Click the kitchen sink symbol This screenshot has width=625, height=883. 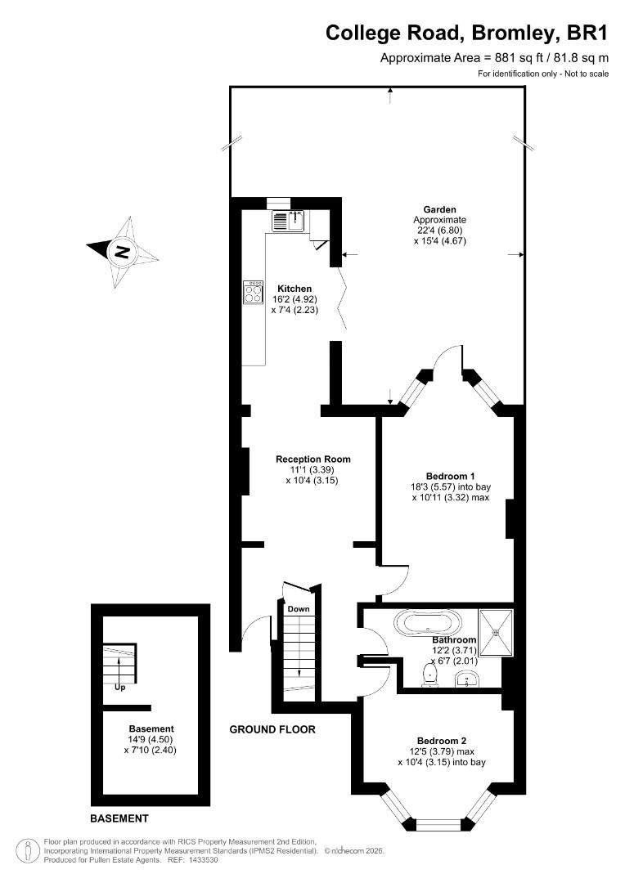[x=287, y=220]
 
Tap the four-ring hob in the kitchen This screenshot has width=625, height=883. [x=253, y=293]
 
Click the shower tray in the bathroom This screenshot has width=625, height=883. [x=497, y=633]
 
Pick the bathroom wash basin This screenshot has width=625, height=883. [x=466, y=679]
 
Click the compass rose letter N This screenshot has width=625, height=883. [x=122, y=252]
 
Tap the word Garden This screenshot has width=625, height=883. [x=439, y=209]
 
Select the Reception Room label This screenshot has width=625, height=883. [x=312, y=459]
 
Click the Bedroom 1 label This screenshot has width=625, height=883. [x=450, y=476]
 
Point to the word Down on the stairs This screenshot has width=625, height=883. [x=299, y=609]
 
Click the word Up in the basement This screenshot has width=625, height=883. [x=119, y=687]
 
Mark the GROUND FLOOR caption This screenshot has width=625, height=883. [x=272, y=729]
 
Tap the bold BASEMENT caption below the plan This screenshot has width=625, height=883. [x=119, y=818]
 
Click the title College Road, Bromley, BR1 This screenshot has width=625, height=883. [x=467, y=33]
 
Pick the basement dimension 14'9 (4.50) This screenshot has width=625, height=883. [x=151, y=739]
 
